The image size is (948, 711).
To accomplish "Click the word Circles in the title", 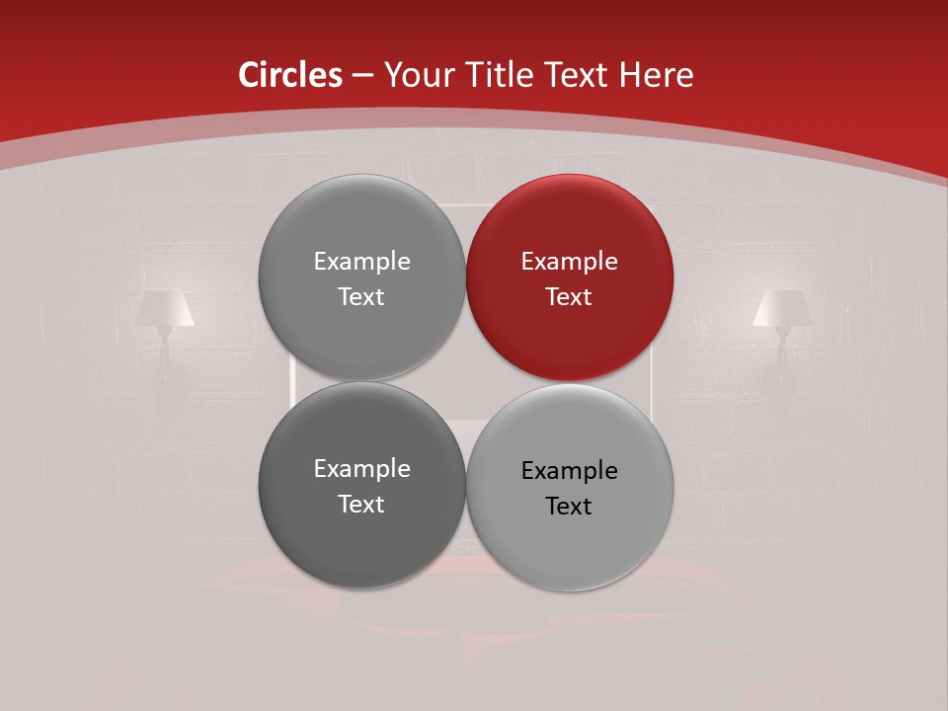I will [x=290, y=75].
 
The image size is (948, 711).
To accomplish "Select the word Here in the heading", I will [x=656, y=75].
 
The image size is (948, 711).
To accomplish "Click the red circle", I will [x=570, y=277].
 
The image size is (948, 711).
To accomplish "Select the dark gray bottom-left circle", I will [x=361, y=485].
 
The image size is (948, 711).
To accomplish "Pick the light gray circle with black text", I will [x=570, y=487].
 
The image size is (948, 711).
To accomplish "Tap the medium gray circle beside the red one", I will [x=361, y=277].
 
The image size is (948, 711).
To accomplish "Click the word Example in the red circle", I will [x=570, y=262].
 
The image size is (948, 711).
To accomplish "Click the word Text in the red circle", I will [x=569, y=296].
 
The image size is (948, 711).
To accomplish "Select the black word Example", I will [x=570, y=471].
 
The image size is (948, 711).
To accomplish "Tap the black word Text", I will [x=569, y=506].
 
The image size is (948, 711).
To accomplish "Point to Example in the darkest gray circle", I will [x=361, y=469].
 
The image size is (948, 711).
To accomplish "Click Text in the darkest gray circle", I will [x=361, y=504].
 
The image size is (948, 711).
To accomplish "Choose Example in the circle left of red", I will [x=361, y=262].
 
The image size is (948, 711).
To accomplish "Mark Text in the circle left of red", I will [x=361, y=296].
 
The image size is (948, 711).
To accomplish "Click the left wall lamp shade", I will [x=164, y=308].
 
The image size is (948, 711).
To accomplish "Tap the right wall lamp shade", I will [x=782, y=308].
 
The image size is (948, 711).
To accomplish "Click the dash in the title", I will [x=362, y=76].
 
